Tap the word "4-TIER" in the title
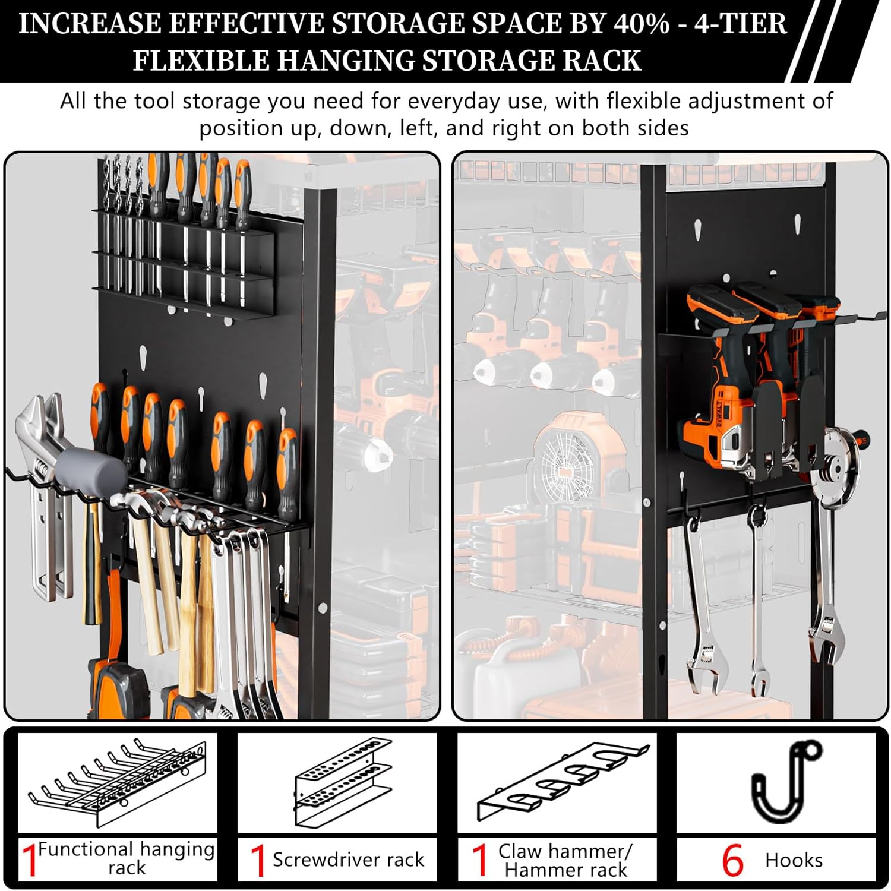click(741, 24)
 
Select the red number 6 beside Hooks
click(732, 860)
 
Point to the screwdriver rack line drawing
click(344, 781)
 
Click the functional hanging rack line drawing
click(117, 783)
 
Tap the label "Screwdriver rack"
click(348, 860)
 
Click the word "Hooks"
click(794, 860)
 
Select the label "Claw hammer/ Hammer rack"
click(565, 860)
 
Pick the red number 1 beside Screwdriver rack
click(257, 860)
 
